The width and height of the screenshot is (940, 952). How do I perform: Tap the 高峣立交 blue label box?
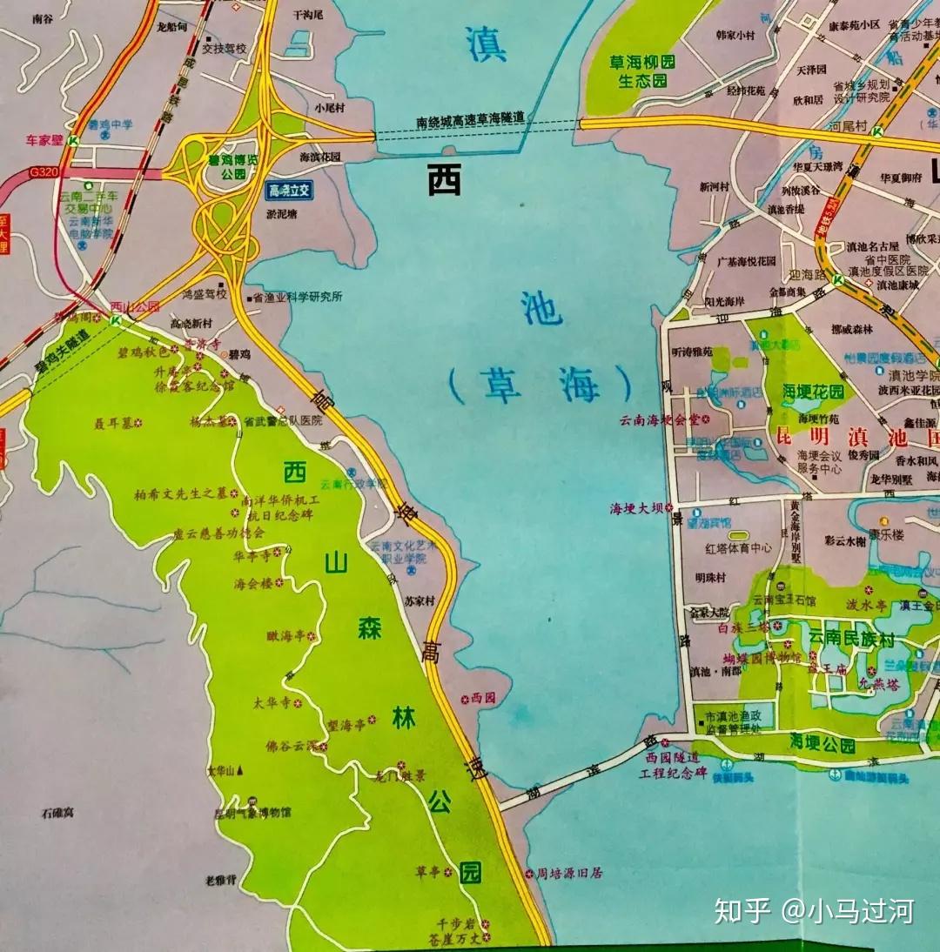[290, 191]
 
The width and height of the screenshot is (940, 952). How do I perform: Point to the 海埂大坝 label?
[641, 508]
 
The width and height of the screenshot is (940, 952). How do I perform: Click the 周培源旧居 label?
[569, 873]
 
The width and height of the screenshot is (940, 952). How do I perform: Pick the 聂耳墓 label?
[116, 423]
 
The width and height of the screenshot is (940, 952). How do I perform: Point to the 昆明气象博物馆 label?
[252, 813]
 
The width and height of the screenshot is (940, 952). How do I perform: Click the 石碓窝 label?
[57, 813]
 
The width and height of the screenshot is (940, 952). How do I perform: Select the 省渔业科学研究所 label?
[296, 297]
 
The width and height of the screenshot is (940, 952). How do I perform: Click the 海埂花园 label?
[813, 392]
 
